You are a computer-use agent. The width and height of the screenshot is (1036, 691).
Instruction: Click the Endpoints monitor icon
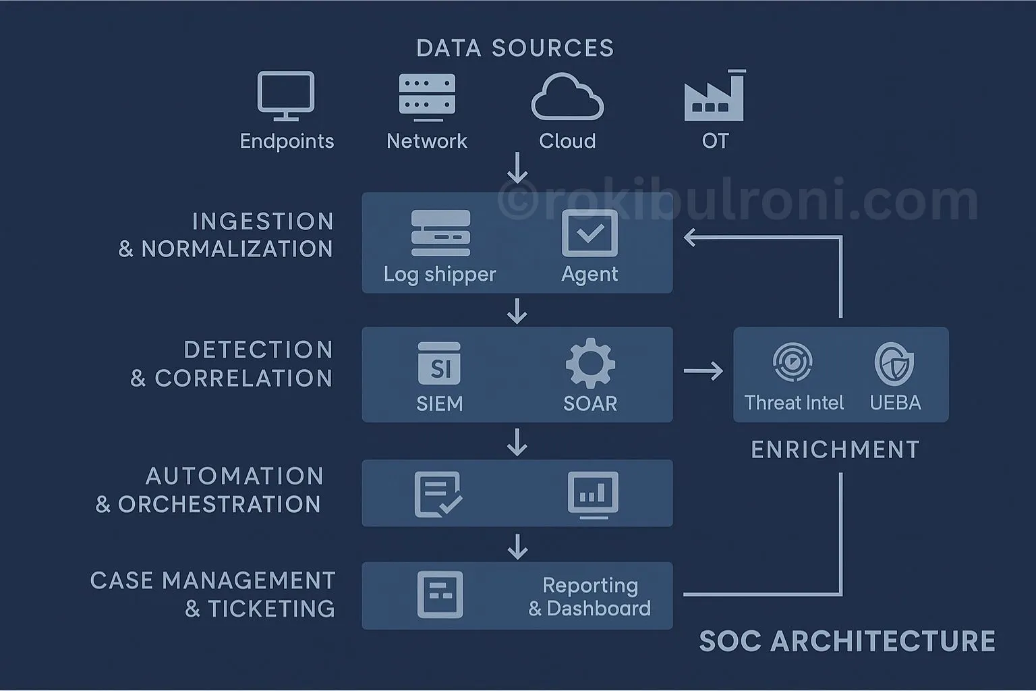(286, 95)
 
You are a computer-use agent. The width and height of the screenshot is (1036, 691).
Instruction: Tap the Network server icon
(427, 96)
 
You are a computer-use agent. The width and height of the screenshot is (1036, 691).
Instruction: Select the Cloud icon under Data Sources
(567, 98)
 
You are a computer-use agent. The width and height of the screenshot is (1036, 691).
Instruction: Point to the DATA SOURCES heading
(515, 49)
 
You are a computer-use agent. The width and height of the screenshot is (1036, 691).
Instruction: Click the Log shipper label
(440, 275)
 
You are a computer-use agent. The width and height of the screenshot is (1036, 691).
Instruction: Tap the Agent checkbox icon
(589, 233)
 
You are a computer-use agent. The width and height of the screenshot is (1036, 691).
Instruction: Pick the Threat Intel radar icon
(792, 362)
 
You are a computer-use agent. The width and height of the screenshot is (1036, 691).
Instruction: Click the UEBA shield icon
(894, 363)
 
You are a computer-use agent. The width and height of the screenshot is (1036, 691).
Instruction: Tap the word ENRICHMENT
(835, 450)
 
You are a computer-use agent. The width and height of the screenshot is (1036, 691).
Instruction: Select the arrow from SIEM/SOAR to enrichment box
(703, 370)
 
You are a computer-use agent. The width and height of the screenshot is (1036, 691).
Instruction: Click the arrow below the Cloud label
(517, 167)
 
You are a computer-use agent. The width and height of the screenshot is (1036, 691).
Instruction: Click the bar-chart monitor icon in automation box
(593, 495)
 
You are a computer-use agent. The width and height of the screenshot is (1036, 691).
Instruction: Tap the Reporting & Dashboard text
(589, 597)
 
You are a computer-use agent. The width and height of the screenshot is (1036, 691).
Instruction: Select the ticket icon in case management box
(440, 595)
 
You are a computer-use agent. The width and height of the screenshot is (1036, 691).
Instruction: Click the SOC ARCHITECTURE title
(846, 641)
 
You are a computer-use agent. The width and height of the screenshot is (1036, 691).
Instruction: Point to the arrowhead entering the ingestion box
(689, 238)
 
